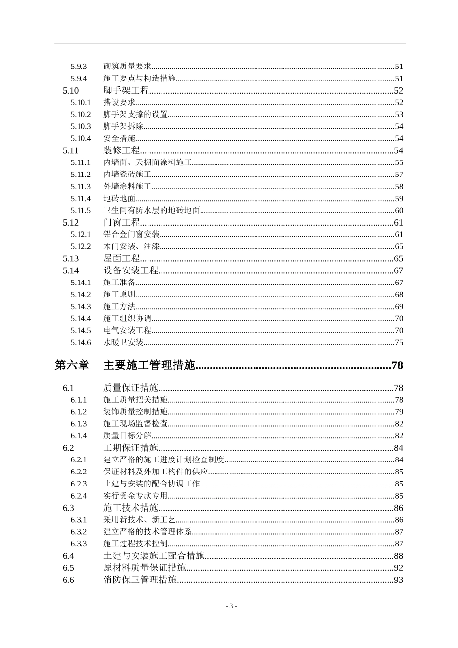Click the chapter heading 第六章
coord(72,365)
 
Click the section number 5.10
coord(70,91)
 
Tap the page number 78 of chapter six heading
coord(397,365)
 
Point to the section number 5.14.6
coord(81,343)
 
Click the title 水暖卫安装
coord(123,343)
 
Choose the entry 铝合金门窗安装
coord(131,235)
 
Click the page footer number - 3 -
coord(231,606)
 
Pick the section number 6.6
coord(68,580)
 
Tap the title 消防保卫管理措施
coord(140,580)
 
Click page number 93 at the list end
coord(398,580)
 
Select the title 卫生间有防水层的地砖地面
coord(151,211)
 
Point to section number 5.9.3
coord(79,67)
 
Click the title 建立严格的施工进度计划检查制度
coord(163,460)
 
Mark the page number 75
coord(399,343)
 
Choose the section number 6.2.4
coord(79,496)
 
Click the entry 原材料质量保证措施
coord(145,568)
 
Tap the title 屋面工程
coord(121,259)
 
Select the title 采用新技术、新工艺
coord(139,520)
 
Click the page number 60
coord(399,211)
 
